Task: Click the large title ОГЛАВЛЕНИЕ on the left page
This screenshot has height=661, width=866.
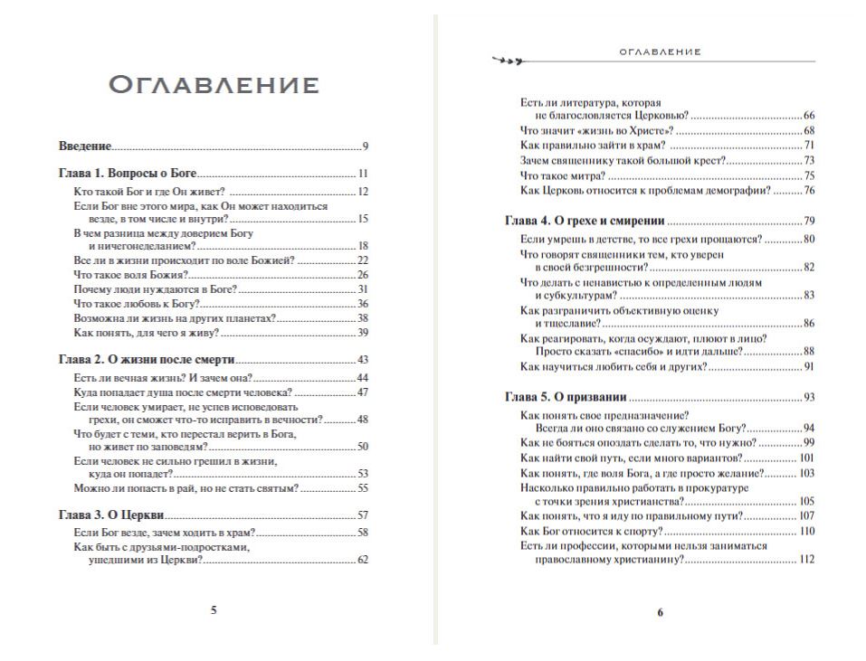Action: click(214, 86)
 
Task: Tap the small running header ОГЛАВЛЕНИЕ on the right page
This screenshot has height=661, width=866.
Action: click(660, 52)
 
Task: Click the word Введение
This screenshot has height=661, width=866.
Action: click(85, 146)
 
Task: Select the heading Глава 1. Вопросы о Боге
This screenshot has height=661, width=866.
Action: click(128, 173)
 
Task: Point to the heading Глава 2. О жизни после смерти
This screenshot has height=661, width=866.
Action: click(148, 359)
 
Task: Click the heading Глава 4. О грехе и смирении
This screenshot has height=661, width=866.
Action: click(584, 221)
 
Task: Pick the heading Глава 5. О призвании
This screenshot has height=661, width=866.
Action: click(566, 397)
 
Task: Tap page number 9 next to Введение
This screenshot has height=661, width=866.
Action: click(365, 146)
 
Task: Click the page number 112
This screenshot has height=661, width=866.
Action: click(807, 560)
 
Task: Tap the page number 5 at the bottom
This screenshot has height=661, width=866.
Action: click(214, 610)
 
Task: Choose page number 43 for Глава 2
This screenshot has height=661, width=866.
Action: click(362, 359)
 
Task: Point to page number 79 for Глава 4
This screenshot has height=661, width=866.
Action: click(809, 221)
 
